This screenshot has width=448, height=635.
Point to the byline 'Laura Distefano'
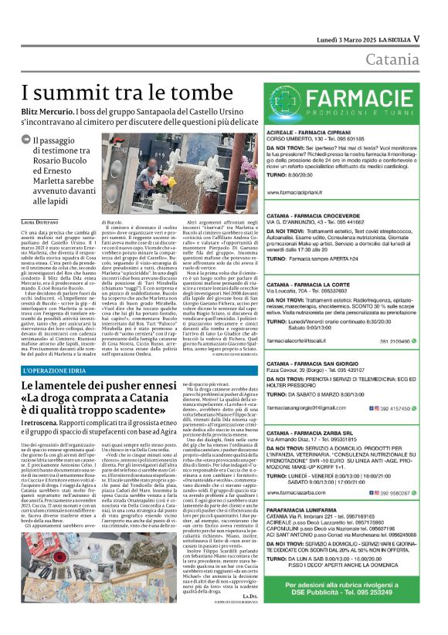[42, 222]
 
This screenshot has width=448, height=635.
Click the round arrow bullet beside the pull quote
[26, 140]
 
